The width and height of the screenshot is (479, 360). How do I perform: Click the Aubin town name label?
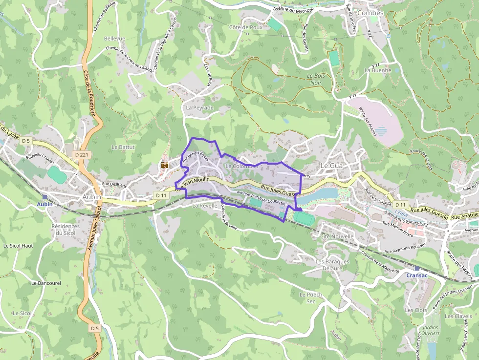coord(92,197)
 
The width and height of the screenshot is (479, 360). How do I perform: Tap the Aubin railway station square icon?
coord(45,197)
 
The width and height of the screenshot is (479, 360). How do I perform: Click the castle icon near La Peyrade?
coord(165,166)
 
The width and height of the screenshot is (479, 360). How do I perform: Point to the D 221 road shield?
coord(82,154)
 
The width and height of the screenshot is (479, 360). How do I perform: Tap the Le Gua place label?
coord(331,166)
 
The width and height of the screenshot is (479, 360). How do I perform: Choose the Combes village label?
coord(370,13)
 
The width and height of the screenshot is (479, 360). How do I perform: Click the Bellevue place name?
coord(114,38)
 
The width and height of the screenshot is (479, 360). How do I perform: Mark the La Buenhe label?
coord(378,70)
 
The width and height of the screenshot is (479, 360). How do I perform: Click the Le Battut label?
coord(123,147)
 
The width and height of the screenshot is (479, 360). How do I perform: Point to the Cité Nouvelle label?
coord(336,236)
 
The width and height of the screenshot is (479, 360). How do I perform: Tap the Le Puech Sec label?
coord(311,298)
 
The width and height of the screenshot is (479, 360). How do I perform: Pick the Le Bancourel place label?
coord(46,283)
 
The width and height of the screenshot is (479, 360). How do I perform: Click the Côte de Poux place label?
coord(245,27)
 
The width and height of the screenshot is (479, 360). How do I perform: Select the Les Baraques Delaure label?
coord(332,265)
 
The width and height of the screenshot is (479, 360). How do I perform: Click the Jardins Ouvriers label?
coord(430,330)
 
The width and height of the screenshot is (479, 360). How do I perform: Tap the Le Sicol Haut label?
coord(18,246)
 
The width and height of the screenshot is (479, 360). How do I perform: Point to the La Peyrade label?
coord(200,107)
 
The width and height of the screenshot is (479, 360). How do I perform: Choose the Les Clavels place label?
coord(458,316)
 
